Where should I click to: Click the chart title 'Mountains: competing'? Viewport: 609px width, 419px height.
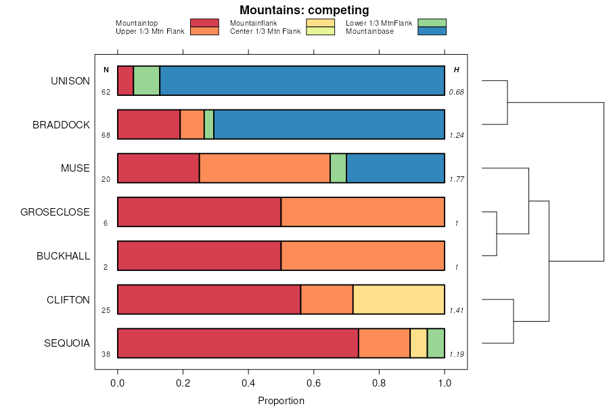(304, 10)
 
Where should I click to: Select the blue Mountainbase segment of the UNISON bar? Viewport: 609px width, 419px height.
(302, 80)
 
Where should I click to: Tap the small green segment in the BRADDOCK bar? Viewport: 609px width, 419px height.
(209, 124)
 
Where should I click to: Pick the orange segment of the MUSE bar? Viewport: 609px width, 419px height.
(265, 168)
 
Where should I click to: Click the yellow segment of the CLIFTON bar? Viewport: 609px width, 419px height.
(399, 299)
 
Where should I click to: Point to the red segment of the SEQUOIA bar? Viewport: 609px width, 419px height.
(238, 343)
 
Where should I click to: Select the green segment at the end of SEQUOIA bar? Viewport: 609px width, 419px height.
(436, 343)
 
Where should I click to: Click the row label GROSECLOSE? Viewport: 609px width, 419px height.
(55, 212)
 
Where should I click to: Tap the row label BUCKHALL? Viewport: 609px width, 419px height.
(63, 256)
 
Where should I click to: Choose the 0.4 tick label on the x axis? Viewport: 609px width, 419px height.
(248, 383)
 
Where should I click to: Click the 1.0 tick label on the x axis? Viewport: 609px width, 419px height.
(445, 383)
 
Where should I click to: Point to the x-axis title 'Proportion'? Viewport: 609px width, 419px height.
(281, 401)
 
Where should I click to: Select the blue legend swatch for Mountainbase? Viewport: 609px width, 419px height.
(432, 31)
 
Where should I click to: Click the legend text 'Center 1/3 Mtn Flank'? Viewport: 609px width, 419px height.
(265, 31)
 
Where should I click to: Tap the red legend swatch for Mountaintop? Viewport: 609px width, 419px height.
(204, 23)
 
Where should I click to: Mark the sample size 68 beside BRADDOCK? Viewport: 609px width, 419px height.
(106, 135)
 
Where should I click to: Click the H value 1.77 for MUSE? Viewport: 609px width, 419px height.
(456, 179)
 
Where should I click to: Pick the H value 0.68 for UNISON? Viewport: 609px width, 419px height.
(456, 92)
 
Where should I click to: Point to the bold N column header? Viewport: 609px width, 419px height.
(106, 70)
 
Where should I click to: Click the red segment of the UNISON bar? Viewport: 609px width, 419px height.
(125, 80)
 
